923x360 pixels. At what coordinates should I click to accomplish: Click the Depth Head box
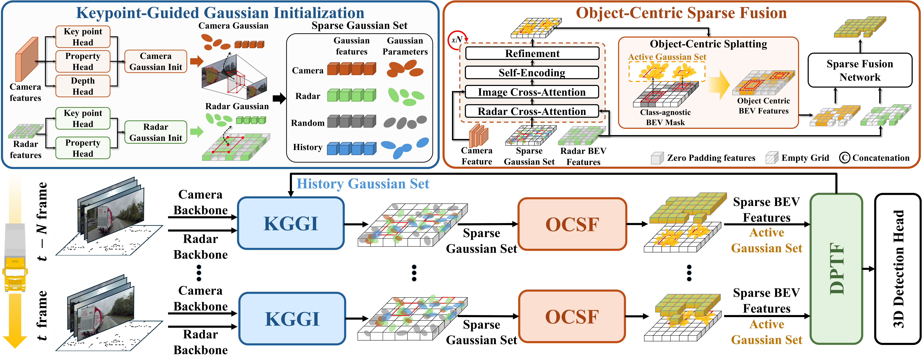[83, 86]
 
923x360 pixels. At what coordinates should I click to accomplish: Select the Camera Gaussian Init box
[155, 62]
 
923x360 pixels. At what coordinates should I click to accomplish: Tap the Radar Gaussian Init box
[155, 132]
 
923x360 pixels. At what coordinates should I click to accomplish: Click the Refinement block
[532, 53]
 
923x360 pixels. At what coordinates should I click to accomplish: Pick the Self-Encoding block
[532, 73]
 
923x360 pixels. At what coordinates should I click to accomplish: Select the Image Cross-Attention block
[532, 92]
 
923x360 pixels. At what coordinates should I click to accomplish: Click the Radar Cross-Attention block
[532, 111]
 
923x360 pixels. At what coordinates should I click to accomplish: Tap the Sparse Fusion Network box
[860, 70]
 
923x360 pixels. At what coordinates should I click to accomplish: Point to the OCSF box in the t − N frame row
[572, 224]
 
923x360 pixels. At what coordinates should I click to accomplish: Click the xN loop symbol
[457, 40]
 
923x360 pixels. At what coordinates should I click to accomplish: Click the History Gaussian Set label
[363, 184]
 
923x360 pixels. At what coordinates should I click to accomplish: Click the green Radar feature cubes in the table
[351, 95]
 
